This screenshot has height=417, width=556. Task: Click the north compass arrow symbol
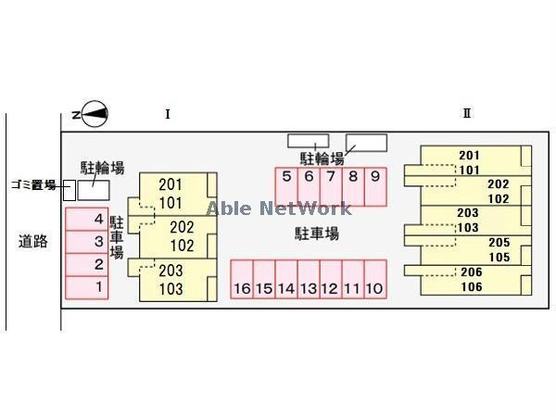95,115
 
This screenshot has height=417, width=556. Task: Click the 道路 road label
32,242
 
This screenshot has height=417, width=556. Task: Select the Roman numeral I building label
167,114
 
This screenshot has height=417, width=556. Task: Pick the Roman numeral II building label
467,114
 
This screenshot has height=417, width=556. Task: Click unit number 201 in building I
171,184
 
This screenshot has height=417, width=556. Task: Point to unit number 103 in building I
171,290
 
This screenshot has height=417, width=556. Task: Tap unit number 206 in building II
471,272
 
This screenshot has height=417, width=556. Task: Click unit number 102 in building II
499,198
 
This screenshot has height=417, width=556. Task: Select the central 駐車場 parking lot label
316,234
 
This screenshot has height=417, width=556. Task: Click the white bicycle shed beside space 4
93,190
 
